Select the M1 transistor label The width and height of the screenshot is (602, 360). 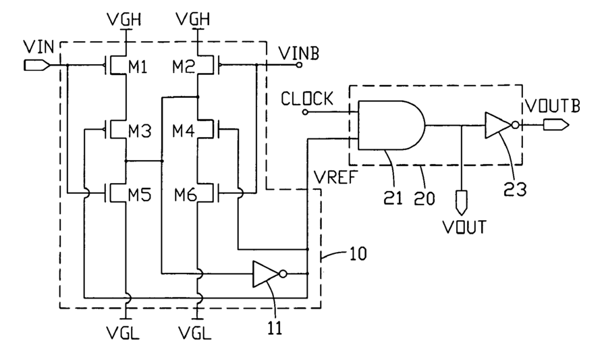(x=138, y=68)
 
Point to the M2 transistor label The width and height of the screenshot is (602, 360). (x=184, y=68)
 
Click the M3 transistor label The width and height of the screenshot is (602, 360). (x=140, y=132)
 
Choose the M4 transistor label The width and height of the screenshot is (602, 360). (x=184, y=132)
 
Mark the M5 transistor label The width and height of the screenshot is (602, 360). (x=140, y=196)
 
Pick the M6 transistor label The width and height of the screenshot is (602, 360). (x=186, y=196)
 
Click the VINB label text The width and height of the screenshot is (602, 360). (x=299, y=53)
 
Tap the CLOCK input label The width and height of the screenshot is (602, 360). (x=307, y=99)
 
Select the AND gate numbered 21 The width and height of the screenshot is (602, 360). (x=391, y=125)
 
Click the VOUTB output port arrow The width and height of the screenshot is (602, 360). (x=555, y=125)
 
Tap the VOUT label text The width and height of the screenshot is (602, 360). (x=464, y=227)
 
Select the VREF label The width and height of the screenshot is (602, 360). (x=335, y=178)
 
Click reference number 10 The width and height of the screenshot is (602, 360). (x=358, y=254)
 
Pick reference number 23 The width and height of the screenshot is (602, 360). (x=515, y=189)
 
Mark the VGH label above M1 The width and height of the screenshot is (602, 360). (x=124, y=19)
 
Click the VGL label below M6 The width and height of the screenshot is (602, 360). (x=194, y=333)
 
